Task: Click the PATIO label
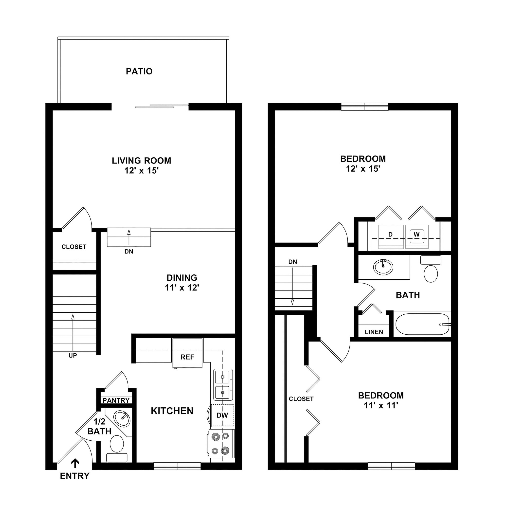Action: click(x=139, y=71)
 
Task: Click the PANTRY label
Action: click(x=116, y=400)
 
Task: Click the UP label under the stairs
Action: click(x=73, y=356)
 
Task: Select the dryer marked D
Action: click(x=391, y=236)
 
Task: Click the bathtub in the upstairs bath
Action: click(x=422, y=324)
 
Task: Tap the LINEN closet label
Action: click(x=374, y=332)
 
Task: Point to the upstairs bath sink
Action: click(x=383, y=267)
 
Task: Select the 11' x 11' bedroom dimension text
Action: click(x=381, y=405)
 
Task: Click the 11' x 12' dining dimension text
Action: click(x=182, y=288)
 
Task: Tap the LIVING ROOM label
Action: click(x=141, y=161)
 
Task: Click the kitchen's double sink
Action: click(x=223, y=384)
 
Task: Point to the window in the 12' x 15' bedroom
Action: click(x=365, y=107)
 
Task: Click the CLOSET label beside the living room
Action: click(x=74, y=247)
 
